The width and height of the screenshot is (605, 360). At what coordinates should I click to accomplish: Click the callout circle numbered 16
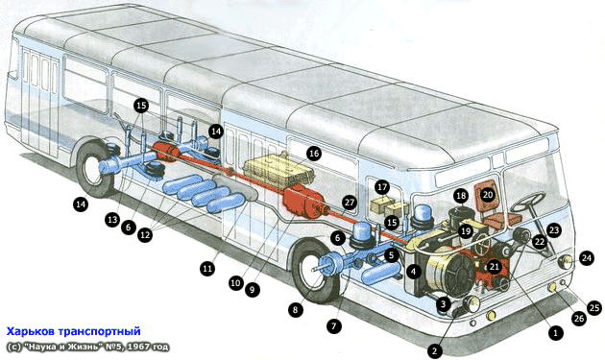point(314,154)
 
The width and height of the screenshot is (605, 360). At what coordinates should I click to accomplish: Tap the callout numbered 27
point(350,203)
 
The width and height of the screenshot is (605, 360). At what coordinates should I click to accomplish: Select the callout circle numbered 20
point(488,195)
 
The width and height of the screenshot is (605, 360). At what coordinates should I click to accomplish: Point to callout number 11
point(207,268)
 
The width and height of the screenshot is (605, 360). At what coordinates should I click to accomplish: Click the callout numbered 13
point(112,220)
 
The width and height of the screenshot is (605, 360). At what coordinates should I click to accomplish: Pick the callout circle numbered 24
point(587,257)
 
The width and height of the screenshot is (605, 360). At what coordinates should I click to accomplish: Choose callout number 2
point(435,350)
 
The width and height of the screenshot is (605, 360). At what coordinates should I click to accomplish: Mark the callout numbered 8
point(295,309)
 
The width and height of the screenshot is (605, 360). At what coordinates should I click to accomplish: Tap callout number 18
point(461,196)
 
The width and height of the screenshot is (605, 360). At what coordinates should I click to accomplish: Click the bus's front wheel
point(316,272)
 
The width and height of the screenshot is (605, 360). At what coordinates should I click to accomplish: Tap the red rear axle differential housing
point(166,151)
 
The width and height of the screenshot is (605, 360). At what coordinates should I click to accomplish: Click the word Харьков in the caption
point(31,331)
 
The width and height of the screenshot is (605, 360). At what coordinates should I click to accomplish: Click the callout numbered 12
point(145,234)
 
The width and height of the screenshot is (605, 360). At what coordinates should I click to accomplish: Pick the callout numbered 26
point(578,318)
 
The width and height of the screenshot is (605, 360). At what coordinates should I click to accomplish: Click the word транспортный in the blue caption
point(100,331)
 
